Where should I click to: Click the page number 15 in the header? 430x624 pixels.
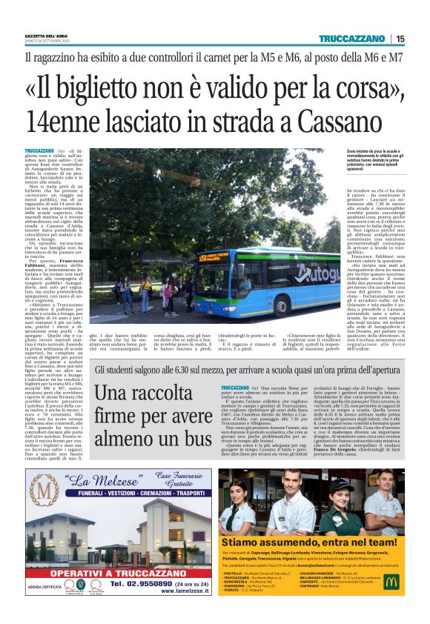click(400, 39)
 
